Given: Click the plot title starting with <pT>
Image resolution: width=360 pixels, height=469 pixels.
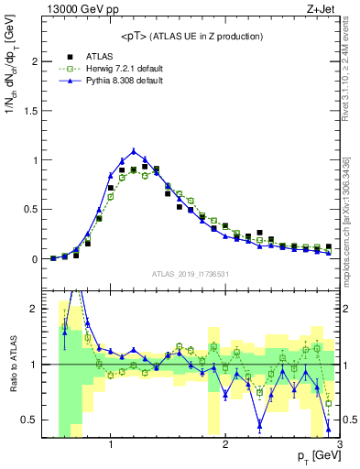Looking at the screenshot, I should pyautogui.click(x=191, y=36).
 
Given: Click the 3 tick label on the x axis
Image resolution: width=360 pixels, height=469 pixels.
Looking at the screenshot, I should pyautogui.click(x=339, y=444).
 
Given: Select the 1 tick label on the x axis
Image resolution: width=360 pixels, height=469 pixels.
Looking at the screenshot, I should pyautogui.click(x=111, y=444).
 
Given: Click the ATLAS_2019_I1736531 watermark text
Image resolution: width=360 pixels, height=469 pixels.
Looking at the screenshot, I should pyautogui.click(x=191, y=274).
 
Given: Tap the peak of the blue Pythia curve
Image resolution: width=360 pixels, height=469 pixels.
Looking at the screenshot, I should pyautogui.click(x=134, y=151).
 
